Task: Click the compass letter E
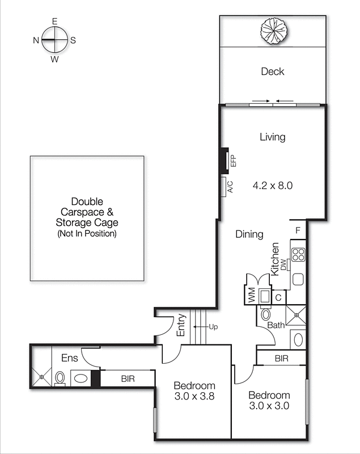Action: pos(55,21)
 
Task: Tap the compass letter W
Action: pos(55,58)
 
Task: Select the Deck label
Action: pos(272,72)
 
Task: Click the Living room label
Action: pos(272,137)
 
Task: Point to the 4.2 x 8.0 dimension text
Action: pos(272,185)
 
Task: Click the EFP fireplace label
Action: pos(232,160)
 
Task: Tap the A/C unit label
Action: pos(230,187)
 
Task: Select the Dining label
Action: pos(249,234)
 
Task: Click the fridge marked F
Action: pos(298,230)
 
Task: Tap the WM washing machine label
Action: pos(250,296)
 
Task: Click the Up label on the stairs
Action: pos(213,327)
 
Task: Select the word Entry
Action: pos(181,326)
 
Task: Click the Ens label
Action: pos(70,358)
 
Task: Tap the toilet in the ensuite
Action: pos(60,378)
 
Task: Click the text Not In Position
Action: pos(87,234)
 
